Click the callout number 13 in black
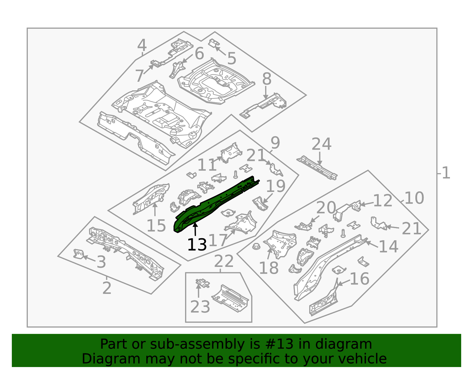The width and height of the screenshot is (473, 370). click(197, 245)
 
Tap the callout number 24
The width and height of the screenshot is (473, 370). click(321, 144)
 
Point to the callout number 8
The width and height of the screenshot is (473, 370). click(267, 79)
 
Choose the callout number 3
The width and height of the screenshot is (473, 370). click(101, 262)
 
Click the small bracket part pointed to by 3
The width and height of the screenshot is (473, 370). click(78, 254)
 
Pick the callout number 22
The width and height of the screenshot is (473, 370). click(224, 261)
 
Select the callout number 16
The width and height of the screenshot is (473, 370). click(359, 279)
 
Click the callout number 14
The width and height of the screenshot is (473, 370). click(388, 246)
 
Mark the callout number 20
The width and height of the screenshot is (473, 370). click(326, 208)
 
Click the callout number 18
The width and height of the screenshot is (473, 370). click(269, 268)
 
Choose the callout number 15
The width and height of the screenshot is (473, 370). click(156, 226)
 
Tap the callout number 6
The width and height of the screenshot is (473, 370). click(199, 53)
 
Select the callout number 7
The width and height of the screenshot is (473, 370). click(140, 76)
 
